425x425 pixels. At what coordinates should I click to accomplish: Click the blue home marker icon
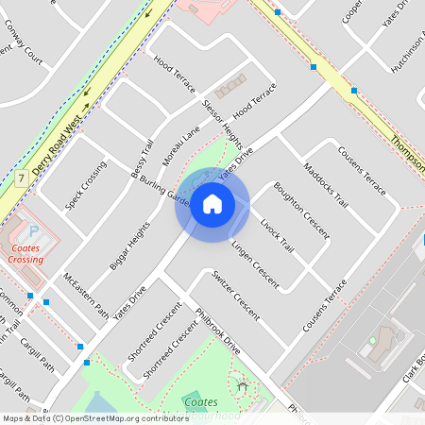212,204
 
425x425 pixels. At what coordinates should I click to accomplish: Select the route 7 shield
21,178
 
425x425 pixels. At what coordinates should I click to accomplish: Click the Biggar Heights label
130,246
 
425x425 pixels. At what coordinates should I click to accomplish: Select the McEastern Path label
85,294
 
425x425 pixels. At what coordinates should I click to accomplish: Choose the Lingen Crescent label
254,263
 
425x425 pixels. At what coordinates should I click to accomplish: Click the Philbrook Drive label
217,331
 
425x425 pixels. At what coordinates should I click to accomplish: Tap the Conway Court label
23,51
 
